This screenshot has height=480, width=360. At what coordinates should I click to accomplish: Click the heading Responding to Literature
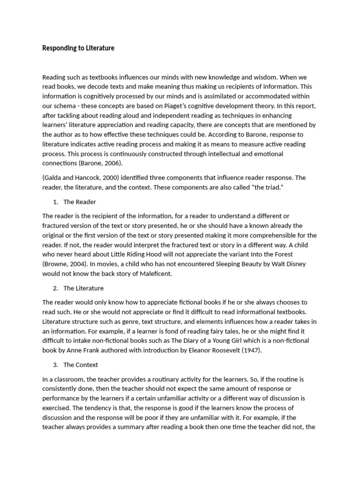click(x=78, y=48)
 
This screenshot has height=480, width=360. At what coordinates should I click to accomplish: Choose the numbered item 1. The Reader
click(x=75, y=202)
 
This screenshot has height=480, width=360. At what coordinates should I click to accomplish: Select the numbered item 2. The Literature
click(x=78, y=288)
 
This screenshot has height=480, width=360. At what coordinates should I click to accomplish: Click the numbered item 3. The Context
click(x=76, y=364)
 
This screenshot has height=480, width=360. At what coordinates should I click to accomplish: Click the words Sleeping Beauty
click(x=237, y=264)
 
